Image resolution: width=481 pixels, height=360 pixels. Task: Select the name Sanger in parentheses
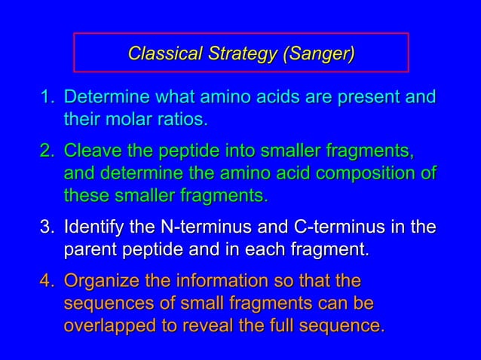click(x=320, y=53)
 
